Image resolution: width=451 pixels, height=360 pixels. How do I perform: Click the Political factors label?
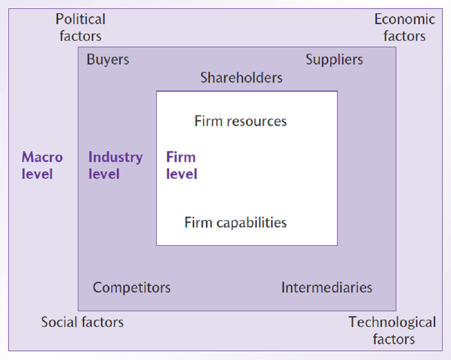tap(80, 28)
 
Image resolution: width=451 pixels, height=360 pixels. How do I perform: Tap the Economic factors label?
tap(405, 28)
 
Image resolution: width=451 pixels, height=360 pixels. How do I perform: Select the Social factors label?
tap(82, 322)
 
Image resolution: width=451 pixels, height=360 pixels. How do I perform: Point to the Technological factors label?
tap(393, 330)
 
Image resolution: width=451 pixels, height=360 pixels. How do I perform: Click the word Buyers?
tap(108, 60)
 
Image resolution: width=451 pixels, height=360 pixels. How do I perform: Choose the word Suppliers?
tap(334, 60)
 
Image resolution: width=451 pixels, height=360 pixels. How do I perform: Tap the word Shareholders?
tap(242, 77)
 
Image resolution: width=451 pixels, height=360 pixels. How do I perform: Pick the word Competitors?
tap(132, 287)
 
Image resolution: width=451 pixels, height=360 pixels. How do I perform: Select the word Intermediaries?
tap(327, 287)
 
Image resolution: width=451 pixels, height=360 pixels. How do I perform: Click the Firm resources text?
tap(241, 121)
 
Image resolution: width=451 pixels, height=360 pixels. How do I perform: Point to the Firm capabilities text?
tap(236, 223)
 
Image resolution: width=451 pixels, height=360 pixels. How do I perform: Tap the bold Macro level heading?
tap(42, 165)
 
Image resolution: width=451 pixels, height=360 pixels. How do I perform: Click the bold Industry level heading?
tap(115, 165)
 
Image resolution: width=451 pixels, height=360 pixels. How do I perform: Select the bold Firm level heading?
tap(181, 165)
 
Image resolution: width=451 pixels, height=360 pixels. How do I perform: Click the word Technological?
tap(393, 322)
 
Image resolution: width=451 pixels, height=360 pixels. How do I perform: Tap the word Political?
tap(80, 19)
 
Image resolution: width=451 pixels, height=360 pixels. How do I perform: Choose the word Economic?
tap(405, 19)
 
